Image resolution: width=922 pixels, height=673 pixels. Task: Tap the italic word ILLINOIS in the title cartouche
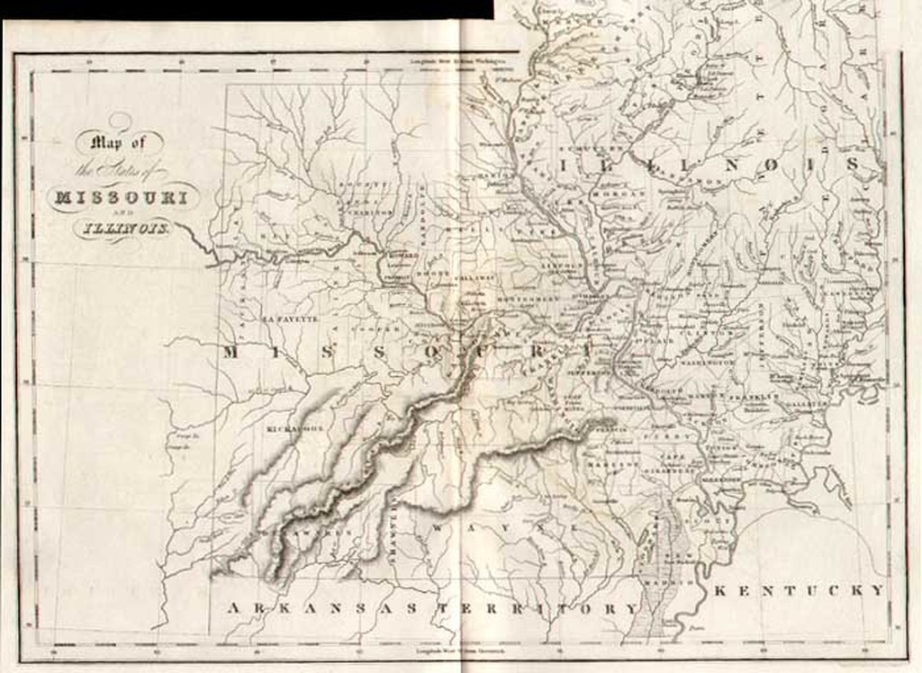coord(122,228)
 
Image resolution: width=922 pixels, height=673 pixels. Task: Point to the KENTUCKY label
coord(799,590)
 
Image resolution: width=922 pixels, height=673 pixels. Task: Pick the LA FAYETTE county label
coord(290,319)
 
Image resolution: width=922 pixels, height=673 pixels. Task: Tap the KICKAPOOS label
coord(294,429)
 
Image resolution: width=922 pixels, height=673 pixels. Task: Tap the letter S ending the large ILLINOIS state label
coord(872,166)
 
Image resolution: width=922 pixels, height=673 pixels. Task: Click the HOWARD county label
coord(399,255)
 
